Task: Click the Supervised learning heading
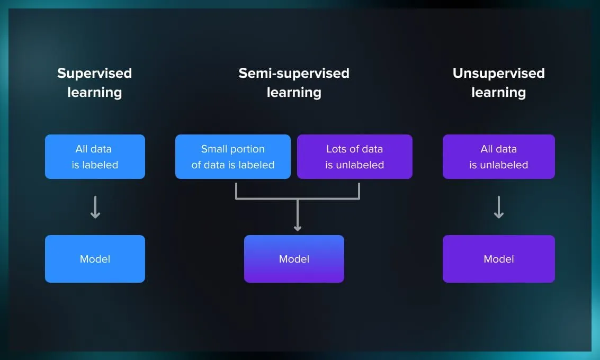click(95, 83)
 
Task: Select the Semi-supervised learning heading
click(294, 83)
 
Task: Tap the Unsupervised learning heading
click(498, 83)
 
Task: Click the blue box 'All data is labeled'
click(95, 157)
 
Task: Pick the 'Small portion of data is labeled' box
click(233, 157)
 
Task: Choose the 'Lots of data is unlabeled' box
click(354, 157)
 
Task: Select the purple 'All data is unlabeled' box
click(498, 157)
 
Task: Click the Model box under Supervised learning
click(95, 259)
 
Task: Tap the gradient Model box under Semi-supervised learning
click(294, 259)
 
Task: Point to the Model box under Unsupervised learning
click(498, 259)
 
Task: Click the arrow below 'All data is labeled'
click(95, 207)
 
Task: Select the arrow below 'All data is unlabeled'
click(498, 207)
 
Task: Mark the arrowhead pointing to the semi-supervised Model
click(298, 228)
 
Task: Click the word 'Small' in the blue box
click(214, 149)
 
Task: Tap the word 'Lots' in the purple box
click(337, 149)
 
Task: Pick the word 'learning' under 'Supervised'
click(95, 92)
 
